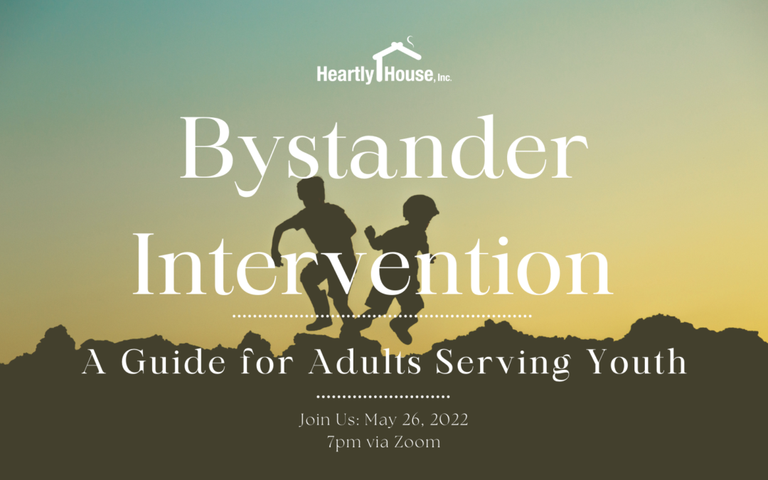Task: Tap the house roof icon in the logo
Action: pos(397,51)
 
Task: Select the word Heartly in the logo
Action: pos(345,75)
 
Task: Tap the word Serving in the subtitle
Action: pos(503,363)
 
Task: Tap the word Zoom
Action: pos(417,442)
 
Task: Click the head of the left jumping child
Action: pos(311,191)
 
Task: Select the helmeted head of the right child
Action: pos(420,208)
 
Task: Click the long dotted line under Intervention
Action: pos(382,316)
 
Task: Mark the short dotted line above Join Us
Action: pos(383,396)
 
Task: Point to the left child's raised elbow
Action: pos(277,229)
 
